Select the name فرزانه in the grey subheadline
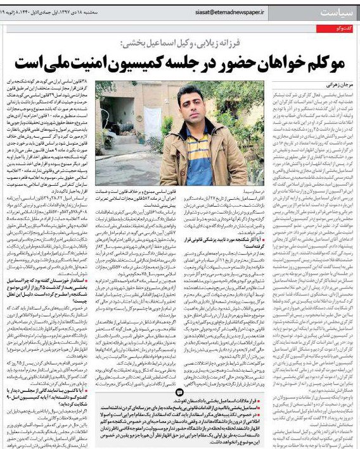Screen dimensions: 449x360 click(x=240, y=42)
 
